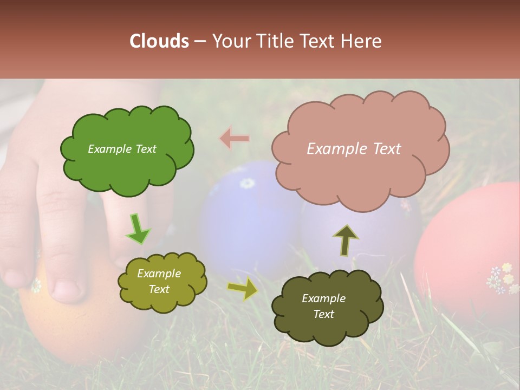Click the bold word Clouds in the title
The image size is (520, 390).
tap(159, 41)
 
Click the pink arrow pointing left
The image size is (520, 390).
tap(234, 139)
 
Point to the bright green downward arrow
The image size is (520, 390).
tap(138, 229)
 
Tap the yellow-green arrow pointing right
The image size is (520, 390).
tap(243, 289)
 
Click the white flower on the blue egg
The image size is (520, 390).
tap(247, 183)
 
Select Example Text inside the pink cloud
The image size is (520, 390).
tap(354, 149)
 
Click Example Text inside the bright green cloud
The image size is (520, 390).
tap(122, 149)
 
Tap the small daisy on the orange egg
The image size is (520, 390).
tap(36, 285)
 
